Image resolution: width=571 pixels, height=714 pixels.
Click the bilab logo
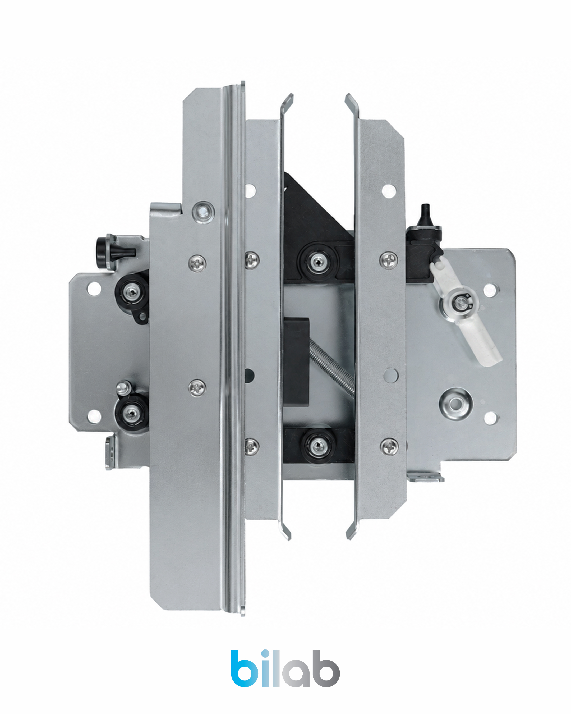[x=285, y=668]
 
